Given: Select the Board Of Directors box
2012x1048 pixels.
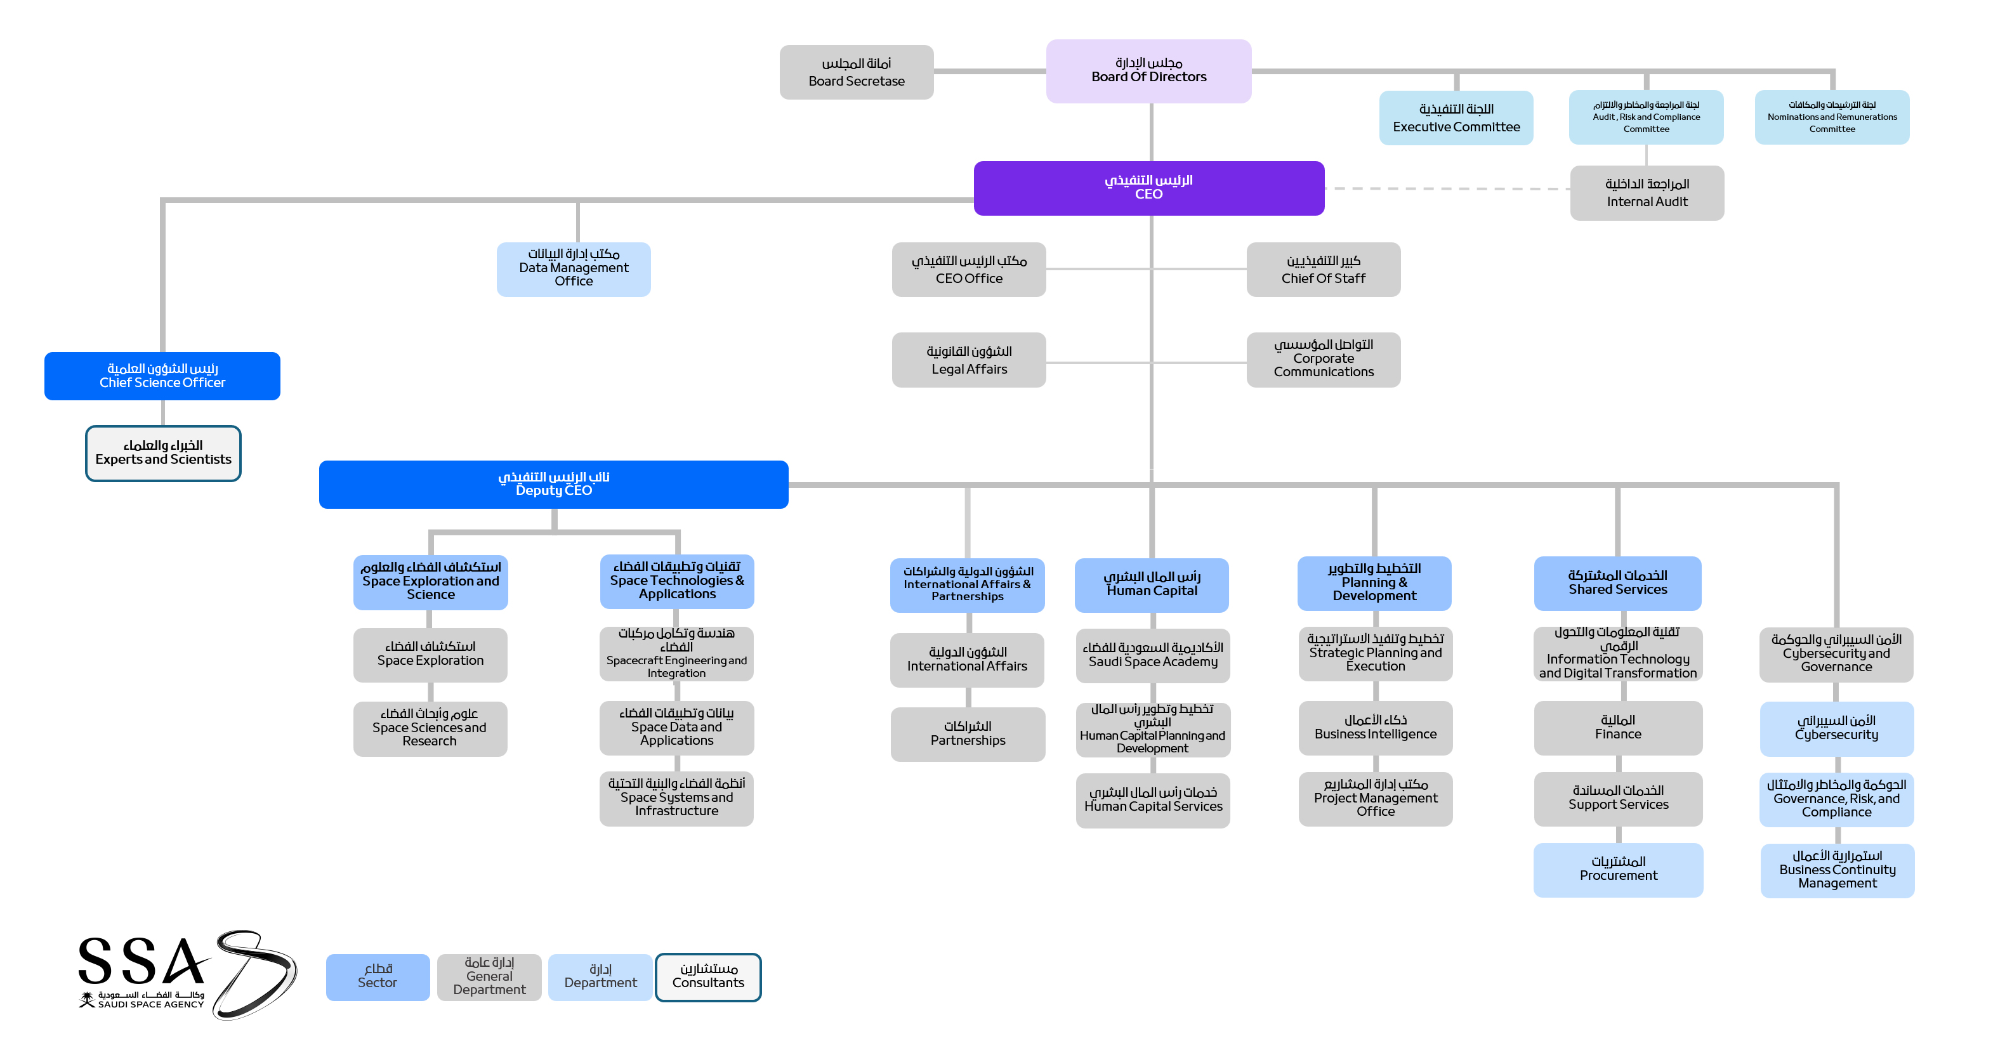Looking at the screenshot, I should (1148, 71).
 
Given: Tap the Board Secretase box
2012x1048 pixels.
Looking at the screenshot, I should (856, 72).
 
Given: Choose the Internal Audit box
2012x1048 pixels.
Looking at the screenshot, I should (1647, 193).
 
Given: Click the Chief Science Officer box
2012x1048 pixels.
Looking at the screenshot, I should (162, 376).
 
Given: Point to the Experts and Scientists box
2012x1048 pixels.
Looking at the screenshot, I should (162, 453).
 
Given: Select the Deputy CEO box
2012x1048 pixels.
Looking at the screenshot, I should (553, 484).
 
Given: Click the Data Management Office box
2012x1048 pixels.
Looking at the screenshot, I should (574, 268).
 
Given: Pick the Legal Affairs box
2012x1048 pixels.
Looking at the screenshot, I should (968, 360).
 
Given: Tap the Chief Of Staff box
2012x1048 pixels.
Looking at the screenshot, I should (1323, 270).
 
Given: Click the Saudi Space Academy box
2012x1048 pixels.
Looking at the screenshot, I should (1152, 655).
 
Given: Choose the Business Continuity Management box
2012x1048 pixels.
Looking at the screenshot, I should (1836, 870).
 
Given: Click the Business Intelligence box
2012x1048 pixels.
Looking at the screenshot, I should (1375, 728).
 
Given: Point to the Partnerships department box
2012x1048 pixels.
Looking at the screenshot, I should (967, 734).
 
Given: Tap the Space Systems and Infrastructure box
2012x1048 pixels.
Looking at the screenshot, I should (676, 798).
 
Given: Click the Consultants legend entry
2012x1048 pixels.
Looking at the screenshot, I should (707, 976).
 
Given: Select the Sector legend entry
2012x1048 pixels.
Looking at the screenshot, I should (378, 976).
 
